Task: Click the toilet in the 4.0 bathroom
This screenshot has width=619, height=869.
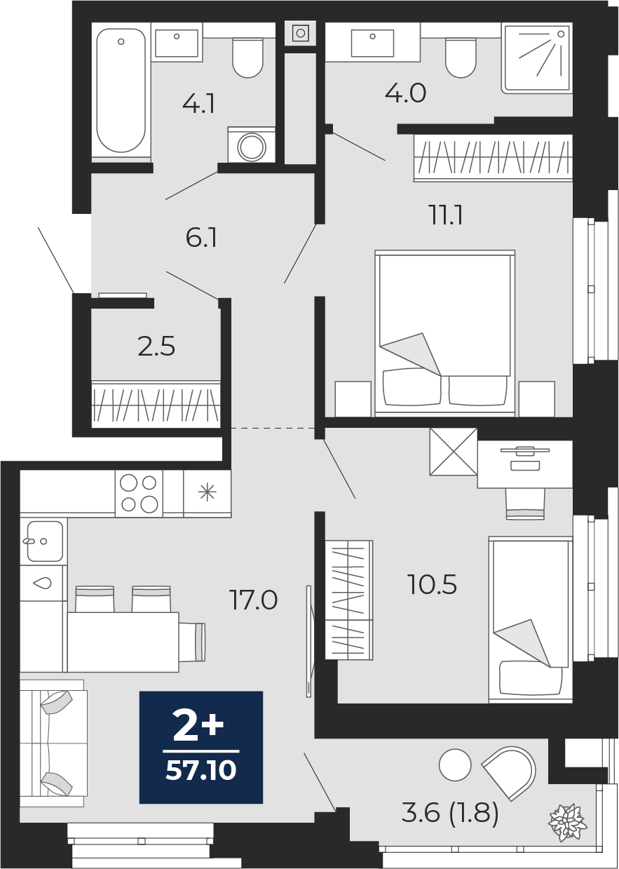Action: pos(461,58)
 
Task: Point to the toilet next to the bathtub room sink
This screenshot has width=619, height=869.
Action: pos(248,58)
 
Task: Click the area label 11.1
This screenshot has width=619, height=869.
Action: pos(446,215)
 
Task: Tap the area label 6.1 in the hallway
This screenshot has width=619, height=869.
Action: pos(201,238)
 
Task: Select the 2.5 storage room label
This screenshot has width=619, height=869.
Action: pos(156,346)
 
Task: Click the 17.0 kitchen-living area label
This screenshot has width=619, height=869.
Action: pos(253,600)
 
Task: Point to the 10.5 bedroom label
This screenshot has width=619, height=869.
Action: pos(432,584)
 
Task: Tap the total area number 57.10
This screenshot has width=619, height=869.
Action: pos(201,771)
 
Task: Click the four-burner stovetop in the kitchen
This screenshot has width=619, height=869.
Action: pos(139,494)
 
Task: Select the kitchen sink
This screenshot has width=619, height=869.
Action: pos(44,541)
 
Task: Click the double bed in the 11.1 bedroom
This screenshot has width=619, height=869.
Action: pos(445,333)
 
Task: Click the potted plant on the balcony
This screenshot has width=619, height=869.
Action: pos(566,821)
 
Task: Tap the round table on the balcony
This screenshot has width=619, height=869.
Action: pos(455,765)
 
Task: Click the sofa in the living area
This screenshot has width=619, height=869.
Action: pos(53,743)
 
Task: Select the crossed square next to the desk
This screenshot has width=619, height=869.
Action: pos(454,452)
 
